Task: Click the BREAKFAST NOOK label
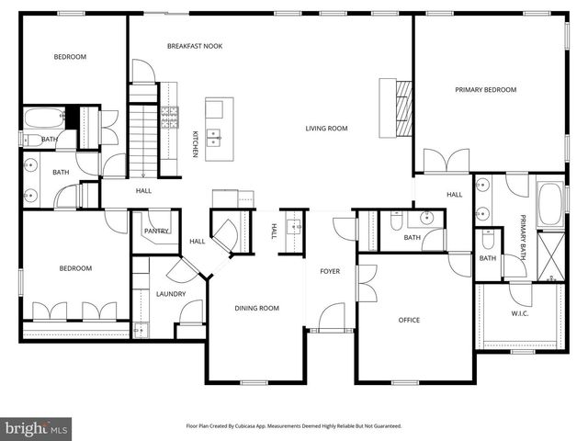[x=195, y=46]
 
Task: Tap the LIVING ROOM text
[x=326, y=129]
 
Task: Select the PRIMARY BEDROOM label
[x=486, y=90]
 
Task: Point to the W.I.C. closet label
[x=519, y=313]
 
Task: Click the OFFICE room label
[x=409, y=321]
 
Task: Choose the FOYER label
[x=329, y=271]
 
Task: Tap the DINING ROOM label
[x=256, y=308]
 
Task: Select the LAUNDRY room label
[x=171, y=294]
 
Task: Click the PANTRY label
[x=156, y=232]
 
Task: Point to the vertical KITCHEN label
[x=195, y=144]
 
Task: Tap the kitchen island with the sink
[x=218, y=129]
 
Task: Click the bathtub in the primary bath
[x=548, y=204]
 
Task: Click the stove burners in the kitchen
[x=170, y=116]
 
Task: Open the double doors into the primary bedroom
[x=446, y=163]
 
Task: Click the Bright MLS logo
[x=37, y=428]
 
